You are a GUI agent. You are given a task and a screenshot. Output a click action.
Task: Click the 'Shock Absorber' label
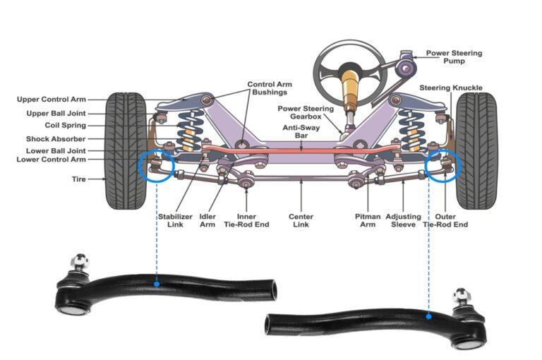pos(56,139)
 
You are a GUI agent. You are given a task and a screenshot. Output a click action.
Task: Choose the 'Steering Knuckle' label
pos(451,88)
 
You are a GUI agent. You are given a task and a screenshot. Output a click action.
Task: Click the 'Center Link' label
pos(301,221)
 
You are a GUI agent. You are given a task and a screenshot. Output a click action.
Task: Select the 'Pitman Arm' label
pos(368,221)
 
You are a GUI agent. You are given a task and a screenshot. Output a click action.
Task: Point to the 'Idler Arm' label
pos(207,221)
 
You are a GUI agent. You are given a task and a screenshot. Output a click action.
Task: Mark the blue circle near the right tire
pos(442,167)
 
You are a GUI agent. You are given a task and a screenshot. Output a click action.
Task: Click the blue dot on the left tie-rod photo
pos(157,284)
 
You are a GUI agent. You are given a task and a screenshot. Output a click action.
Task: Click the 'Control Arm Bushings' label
pos(269,89)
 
